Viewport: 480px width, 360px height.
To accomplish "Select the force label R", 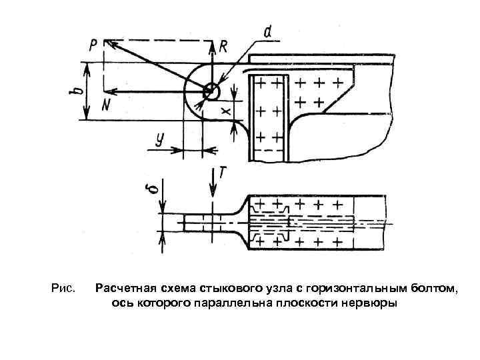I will [223, 46].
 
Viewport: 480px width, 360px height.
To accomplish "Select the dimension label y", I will [159, 139].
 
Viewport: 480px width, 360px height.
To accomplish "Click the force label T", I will [223, 173].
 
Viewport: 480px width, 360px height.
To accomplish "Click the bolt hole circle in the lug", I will [211, 90].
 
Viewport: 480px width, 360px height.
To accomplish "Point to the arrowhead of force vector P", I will [110, 43].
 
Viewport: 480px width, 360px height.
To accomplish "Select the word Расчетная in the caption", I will [122, 289].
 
